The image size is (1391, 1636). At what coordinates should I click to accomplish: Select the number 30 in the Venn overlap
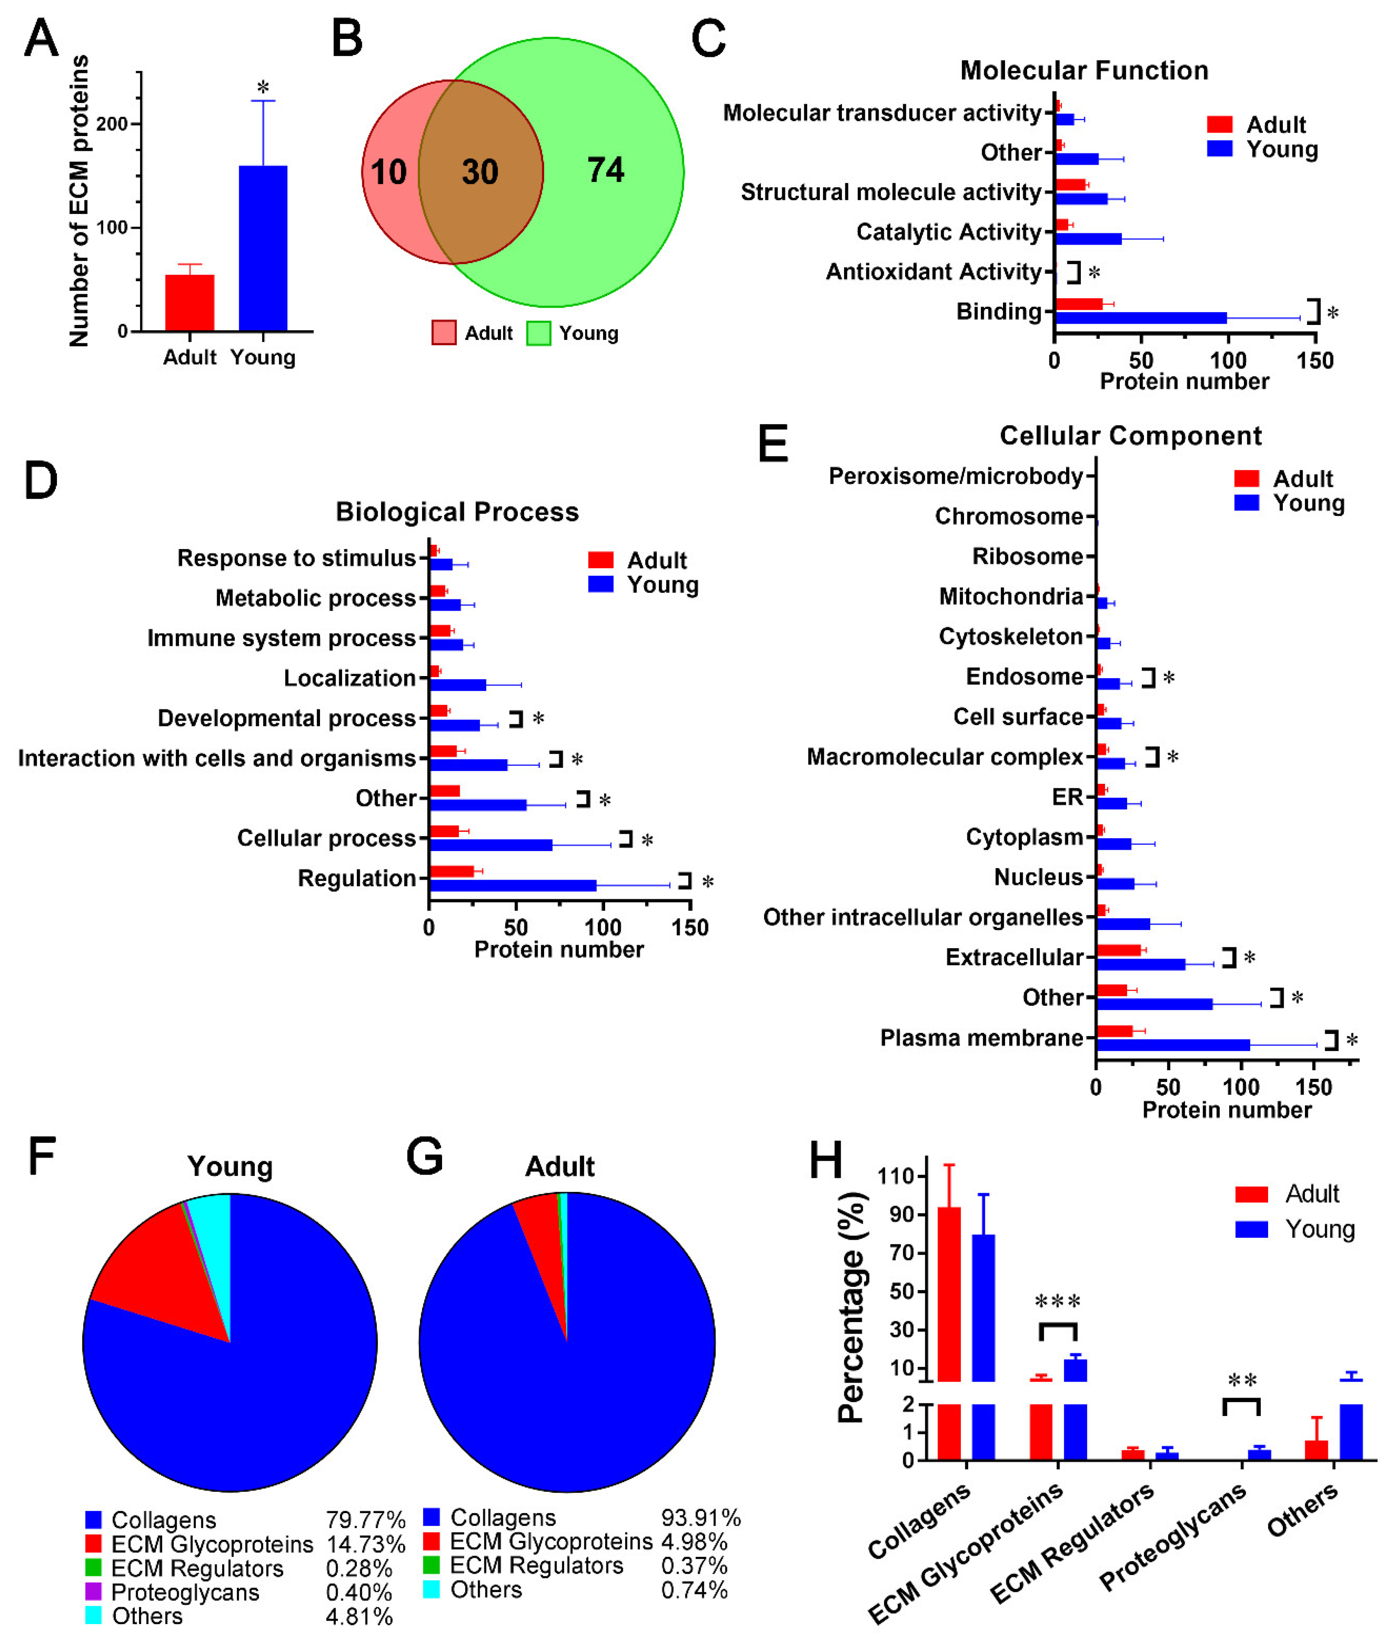(479, 172)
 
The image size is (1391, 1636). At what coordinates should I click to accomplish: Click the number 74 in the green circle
(605, 170)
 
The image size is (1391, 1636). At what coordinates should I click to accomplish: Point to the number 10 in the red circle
(388, 172)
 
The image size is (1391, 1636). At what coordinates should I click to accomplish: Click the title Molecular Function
(1083, 70)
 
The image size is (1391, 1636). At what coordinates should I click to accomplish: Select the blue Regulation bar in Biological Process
(513, 885)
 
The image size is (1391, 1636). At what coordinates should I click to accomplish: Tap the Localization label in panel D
(349, 678)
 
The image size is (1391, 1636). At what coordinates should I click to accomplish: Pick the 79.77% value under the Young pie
(365, 1519)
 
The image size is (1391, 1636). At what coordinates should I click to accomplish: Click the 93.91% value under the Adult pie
(700, 1517)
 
